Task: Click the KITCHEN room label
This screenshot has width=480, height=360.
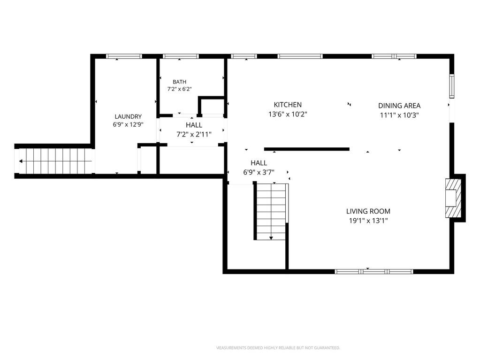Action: (288, 105)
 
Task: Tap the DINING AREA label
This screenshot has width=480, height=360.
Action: (399, 106)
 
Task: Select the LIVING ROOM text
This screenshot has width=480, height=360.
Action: (368, 211)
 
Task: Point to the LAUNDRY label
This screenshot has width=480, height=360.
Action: (128, 116)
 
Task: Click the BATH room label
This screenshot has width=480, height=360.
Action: (179, 82)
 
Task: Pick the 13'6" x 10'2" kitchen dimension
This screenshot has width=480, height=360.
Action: (288, 115)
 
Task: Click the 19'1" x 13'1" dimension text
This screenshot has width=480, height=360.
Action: (368, 221)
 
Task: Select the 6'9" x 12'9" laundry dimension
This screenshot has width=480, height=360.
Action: (128, 124)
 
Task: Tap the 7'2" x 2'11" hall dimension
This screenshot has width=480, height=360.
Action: (194, 134)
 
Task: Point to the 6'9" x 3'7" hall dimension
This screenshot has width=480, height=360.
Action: (259, 172)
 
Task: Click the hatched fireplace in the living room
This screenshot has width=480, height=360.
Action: (453, 198)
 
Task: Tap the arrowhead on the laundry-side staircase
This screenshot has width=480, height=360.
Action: (21, 161)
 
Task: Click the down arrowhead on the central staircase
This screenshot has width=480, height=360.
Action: (271, 238)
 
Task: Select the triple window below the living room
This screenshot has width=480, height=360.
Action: (374, 272)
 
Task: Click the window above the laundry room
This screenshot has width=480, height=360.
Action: (124, 56)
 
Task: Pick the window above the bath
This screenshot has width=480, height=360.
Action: (181, 56)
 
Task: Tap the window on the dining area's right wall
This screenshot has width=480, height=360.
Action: (452, 86)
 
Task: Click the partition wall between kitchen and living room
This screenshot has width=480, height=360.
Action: (307, 149)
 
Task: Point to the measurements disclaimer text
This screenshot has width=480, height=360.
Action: (278, 348)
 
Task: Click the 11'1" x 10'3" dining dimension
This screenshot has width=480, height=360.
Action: (399, 115)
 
